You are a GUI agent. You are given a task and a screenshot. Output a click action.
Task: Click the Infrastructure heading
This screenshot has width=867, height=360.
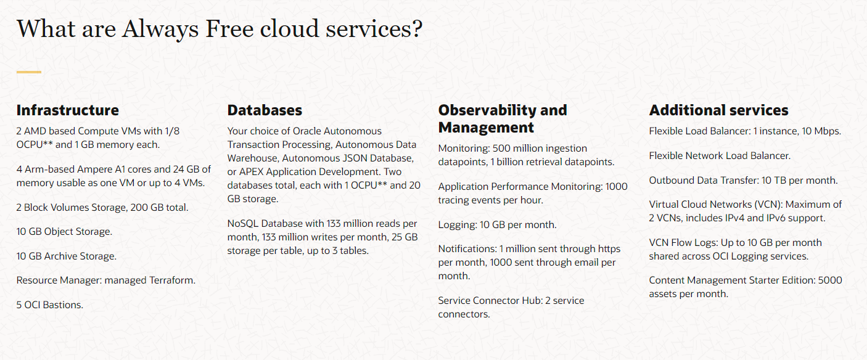67,110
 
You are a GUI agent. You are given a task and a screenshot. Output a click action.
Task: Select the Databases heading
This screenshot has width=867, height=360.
265,110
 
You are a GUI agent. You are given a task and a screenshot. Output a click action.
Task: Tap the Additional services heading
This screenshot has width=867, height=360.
719,110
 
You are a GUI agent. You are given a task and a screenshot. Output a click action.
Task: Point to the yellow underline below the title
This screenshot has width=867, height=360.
28,72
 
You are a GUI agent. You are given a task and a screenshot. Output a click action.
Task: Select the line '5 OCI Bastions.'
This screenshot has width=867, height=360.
49,305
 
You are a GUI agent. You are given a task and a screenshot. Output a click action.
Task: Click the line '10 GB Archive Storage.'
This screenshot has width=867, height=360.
66,256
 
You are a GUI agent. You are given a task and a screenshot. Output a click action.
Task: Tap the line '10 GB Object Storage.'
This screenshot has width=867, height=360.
64,232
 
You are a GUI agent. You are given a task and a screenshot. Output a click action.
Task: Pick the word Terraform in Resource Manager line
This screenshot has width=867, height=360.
172,280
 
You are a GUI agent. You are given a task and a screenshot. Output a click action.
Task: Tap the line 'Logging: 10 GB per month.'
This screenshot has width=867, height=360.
498,225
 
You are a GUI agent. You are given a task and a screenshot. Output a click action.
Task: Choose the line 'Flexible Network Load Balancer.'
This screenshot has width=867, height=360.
720,155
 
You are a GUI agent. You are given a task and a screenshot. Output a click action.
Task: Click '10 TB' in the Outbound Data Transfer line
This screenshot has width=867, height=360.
775,181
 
